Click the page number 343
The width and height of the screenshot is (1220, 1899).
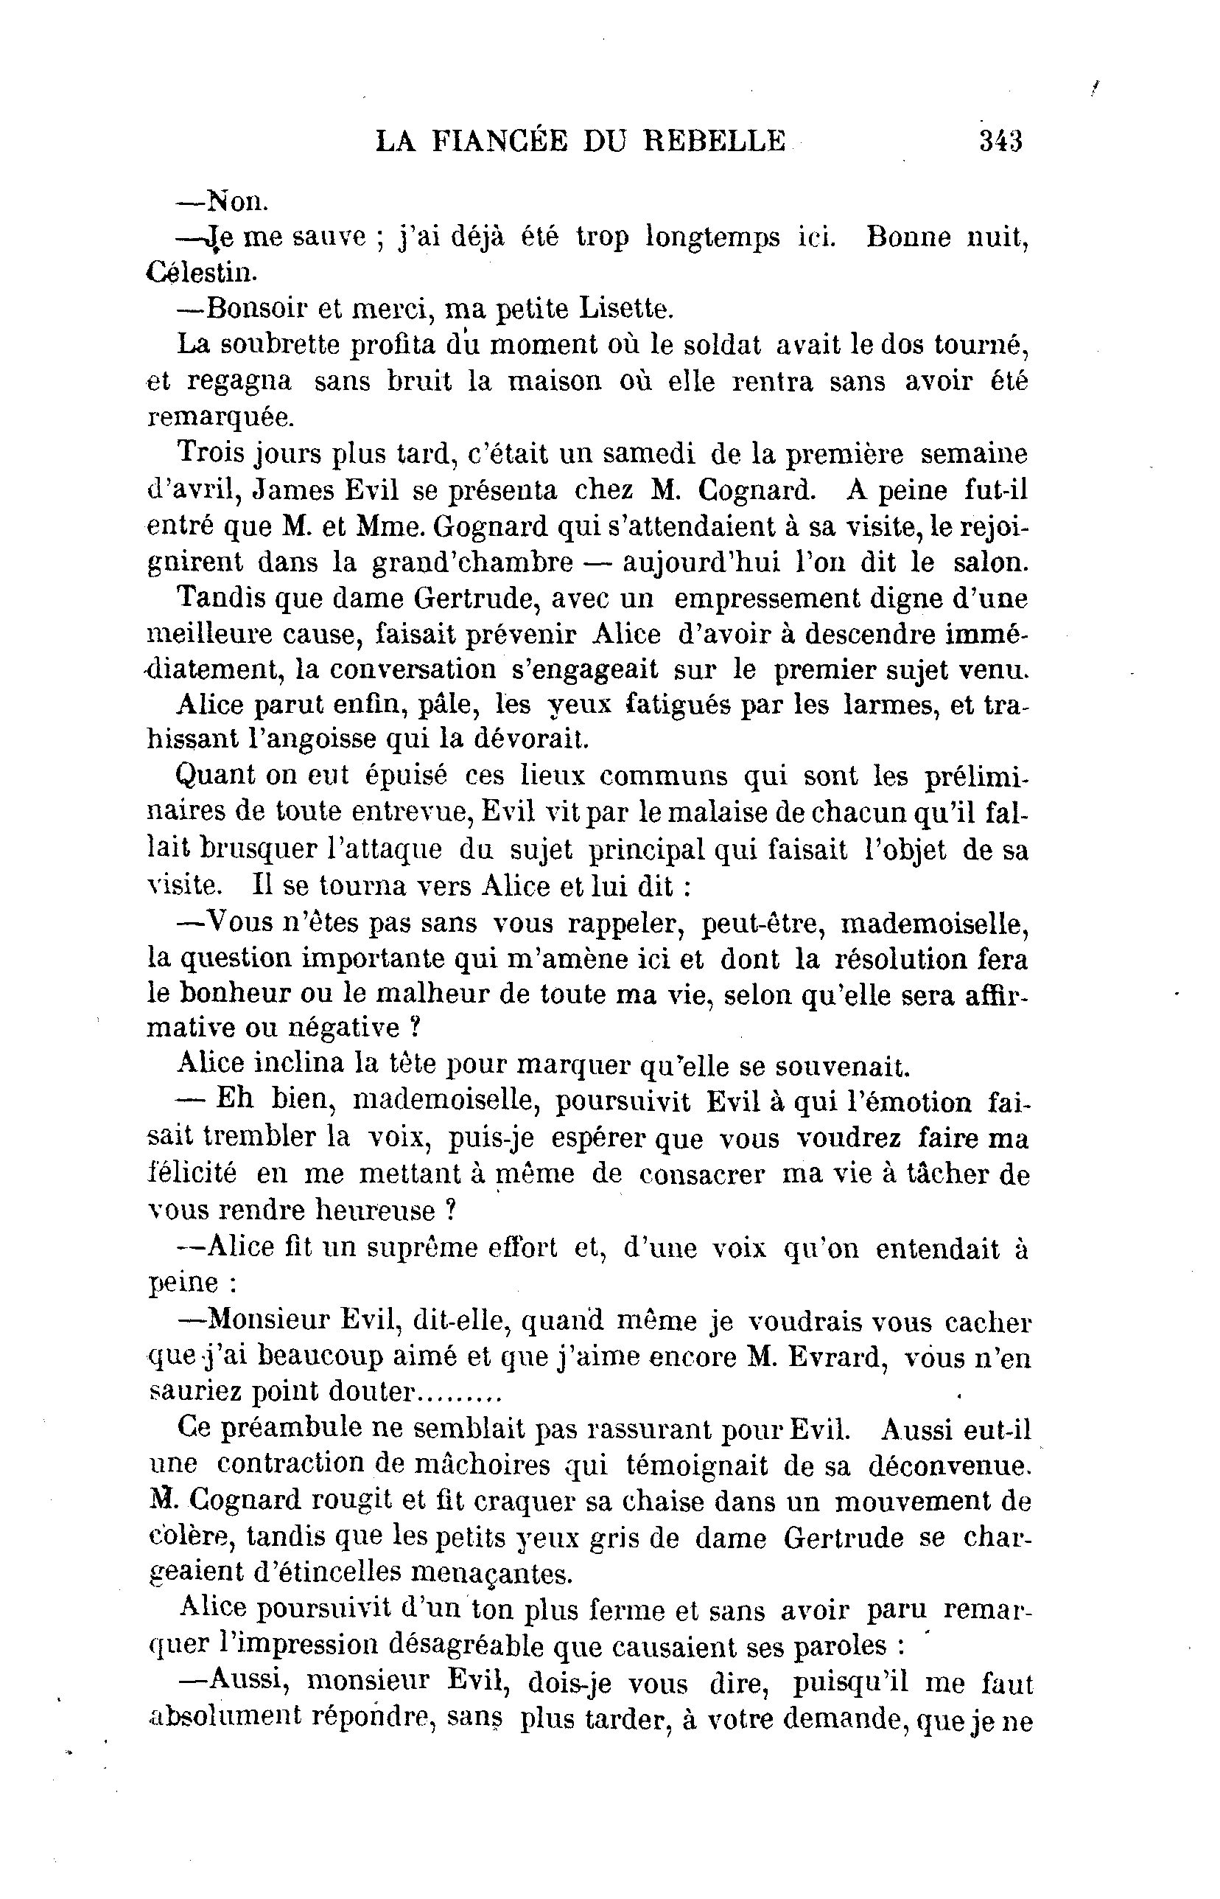pos(1000,141)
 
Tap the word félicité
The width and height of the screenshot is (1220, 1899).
pos(192,1174)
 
